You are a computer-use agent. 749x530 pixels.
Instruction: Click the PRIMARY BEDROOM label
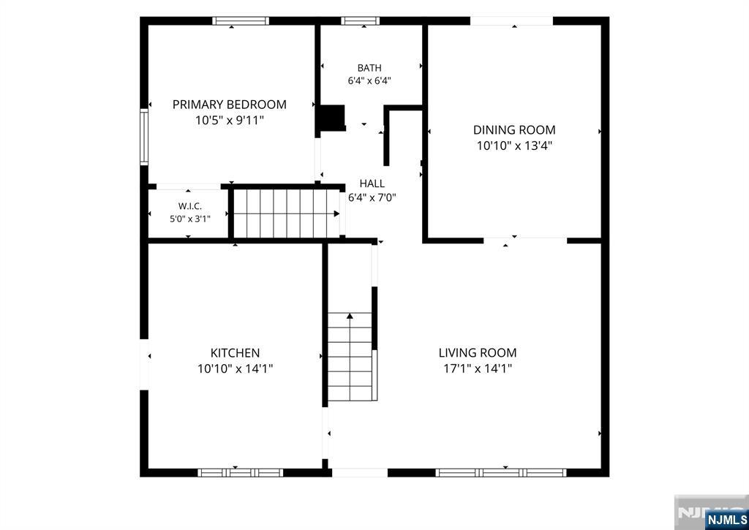(229, 105)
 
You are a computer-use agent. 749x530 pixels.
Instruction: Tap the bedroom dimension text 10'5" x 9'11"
(229, 120)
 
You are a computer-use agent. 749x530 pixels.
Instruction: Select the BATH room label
(369, 68)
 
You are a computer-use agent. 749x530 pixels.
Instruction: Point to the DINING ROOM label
(514, 130)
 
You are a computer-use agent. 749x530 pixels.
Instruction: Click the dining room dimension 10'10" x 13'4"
(514, 145)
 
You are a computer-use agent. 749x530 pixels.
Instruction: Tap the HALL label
(372, 183)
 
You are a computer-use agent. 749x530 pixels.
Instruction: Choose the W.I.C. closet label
(190, 206)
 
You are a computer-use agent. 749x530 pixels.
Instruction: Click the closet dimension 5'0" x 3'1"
(190, 219)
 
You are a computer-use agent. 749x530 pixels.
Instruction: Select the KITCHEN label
(235, 353)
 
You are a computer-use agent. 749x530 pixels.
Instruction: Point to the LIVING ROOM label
(478, 353)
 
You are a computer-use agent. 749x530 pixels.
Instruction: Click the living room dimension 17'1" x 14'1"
(478, 368)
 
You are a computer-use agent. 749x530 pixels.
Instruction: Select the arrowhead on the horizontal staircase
(336, 213)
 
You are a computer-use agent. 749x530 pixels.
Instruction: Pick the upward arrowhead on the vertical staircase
(350, 316)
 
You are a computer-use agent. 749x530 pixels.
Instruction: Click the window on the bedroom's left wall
(144, 137)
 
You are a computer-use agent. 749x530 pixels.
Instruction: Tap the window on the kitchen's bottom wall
(240, 473)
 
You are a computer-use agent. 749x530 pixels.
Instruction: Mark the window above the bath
(360, 20)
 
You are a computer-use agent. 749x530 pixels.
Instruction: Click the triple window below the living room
(500, 473)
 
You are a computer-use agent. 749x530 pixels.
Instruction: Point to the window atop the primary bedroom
(241, 20)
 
